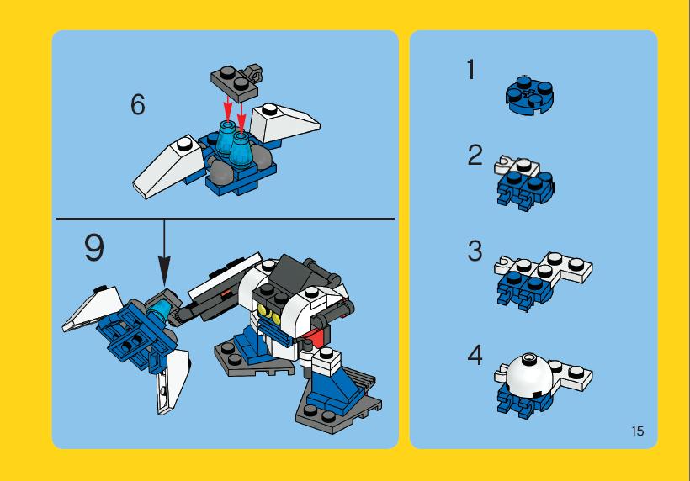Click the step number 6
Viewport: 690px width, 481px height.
tap(138, 105)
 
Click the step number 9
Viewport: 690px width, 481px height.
tap(94, 248)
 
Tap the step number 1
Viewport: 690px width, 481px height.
tap(471, 70)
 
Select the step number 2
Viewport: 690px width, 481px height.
tap(475, 156)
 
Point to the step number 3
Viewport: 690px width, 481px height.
tap(475, 251)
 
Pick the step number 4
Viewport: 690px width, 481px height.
tap(475, 355)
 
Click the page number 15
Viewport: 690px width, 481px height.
tap(638, 431)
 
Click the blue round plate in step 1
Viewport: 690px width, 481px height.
tap(530, 95)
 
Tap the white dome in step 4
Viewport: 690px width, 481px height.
tap(529, 375)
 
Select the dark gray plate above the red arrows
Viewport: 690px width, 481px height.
tap(235, 82)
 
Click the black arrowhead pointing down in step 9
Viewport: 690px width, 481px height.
tap(164, 271)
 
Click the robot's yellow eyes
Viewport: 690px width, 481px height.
tap(269, 313)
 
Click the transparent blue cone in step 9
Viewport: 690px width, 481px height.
tap(157, 309)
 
